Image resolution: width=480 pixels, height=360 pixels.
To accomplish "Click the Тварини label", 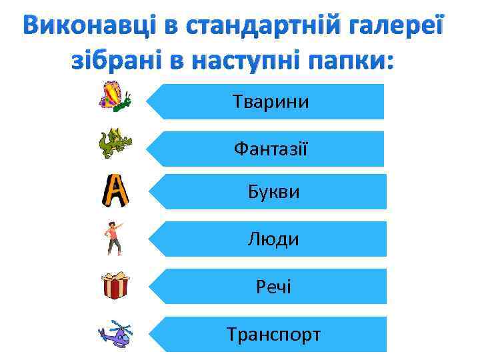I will tap(271, 102).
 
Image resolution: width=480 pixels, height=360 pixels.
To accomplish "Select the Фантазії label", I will tap(271, 148).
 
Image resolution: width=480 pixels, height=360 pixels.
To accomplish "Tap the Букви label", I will tap(273, 193).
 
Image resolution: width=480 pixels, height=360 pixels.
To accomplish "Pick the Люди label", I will tap(273, 239).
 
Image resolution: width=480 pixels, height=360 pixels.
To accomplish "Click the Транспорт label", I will tap(273, 333).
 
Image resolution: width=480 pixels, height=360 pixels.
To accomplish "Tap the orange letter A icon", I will tap(115, 191).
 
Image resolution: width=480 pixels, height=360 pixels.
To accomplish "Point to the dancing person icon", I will tap(114, 239).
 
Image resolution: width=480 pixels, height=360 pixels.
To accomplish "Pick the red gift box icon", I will tap(115, 285).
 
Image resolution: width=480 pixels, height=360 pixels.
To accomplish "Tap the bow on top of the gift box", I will tap(115, 275).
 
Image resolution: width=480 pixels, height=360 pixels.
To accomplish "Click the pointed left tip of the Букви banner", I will tap(148, 193).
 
